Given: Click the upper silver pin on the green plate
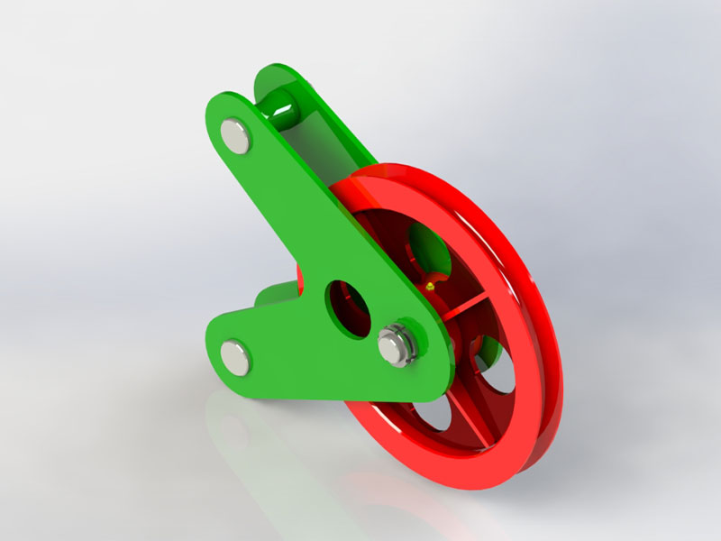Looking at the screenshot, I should (x=237, y=135).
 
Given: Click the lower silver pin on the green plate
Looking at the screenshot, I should (x=237, y=355).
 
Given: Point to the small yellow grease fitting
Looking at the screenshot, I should (x=432, y=286).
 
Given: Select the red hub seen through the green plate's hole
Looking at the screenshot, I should (x=355, y=311).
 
